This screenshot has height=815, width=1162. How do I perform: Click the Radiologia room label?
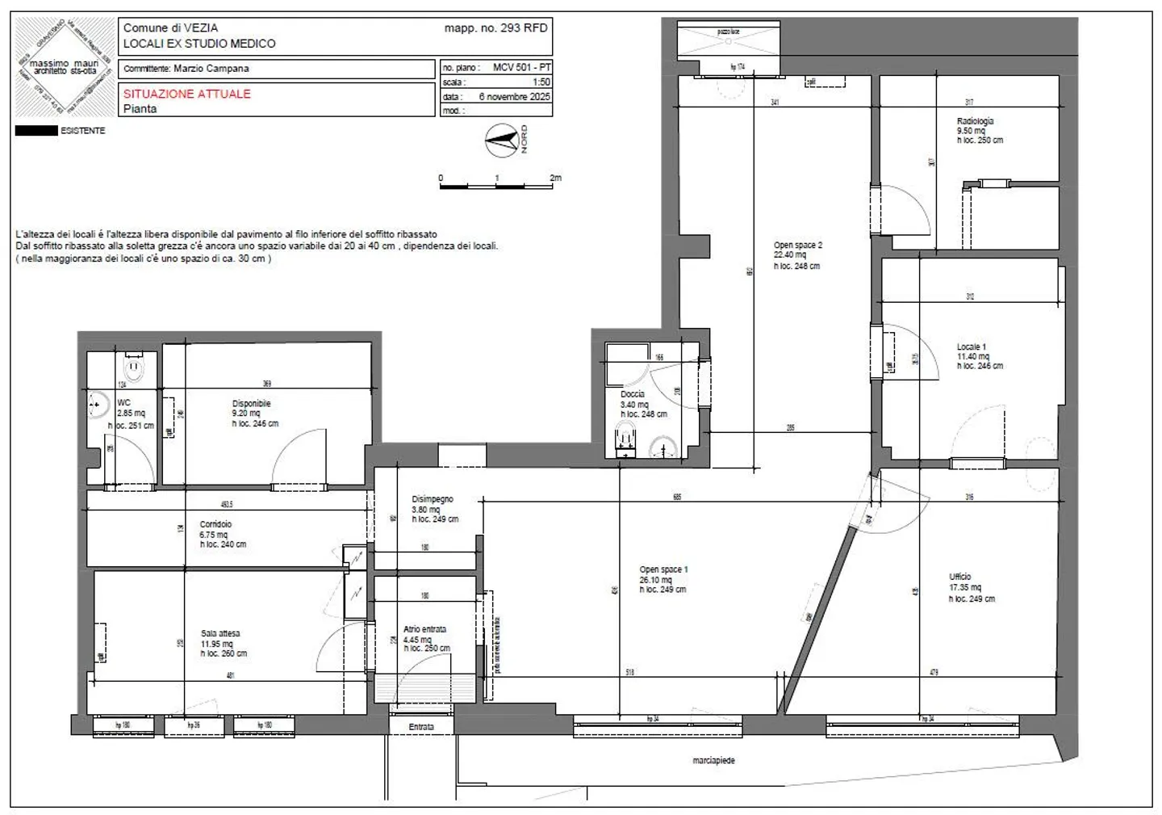(x=975, y=121)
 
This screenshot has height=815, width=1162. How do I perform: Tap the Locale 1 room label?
(x=971, y=347)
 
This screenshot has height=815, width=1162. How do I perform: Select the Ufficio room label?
(x=960, y=577)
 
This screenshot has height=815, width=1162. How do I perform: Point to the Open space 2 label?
(x=797, y=245)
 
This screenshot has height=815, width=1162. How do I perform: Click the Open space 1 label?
(x=663, y=569)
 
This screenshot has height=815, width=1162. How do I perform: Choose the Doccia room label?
(x=632, y=394)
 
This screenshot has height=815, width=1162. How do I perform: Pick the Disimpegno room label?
(x=433, y=499)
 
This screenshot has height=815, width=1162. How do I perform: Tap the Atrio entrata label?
(x=424, y=628)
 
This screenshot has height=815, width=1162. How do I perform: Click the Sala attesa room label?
(x=220, y=633)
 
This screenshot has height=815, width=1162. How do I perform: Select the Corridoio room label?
(x=215, y=524)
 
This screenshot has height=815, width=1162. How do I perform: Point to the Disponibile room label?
(x=251, y=403)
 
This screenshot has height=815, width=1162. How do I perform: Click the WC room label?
(x=123, y=402)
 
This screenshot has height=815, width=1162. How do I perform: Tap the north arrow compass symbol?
(x=502, y=141)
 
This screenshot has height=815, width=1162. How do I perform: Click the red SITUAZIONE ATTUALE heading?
(x=187, y=94)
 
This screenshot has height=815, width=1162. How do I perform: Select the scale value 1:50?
(x=541, y=82)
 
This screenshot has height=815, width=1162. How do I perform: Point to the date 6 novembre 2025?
(x=514, y=96)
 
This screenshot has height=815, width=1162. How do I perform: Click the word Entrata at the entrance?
(x=420, y=727)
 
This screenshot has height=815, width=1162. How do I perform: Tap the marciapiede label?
(x=713, y=760)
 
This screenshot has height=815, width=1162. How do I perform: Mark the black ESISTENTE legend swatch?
(x=36, y=130)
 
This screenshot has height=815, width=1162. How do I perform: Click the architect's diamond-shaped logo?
(x=63, y=67)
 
